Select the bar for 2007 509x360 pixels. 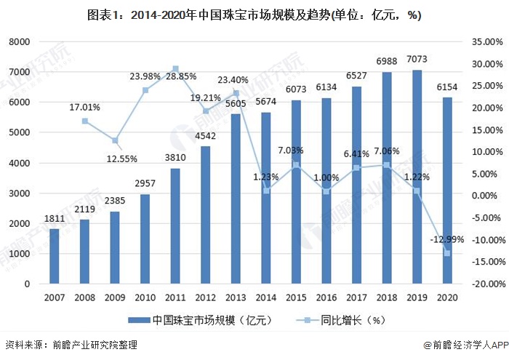click(54, 255)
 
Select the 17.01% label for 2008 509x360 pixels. click(85, 108)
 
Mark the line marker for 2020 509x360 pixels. click(447, 253)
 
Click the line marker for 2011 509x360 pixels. click(175, 69)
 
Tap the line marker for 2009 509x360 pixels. click(115, 140)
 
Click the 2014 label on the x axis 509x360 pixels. click(266, 297)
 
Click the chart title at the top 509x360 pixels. click(254, 14)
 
